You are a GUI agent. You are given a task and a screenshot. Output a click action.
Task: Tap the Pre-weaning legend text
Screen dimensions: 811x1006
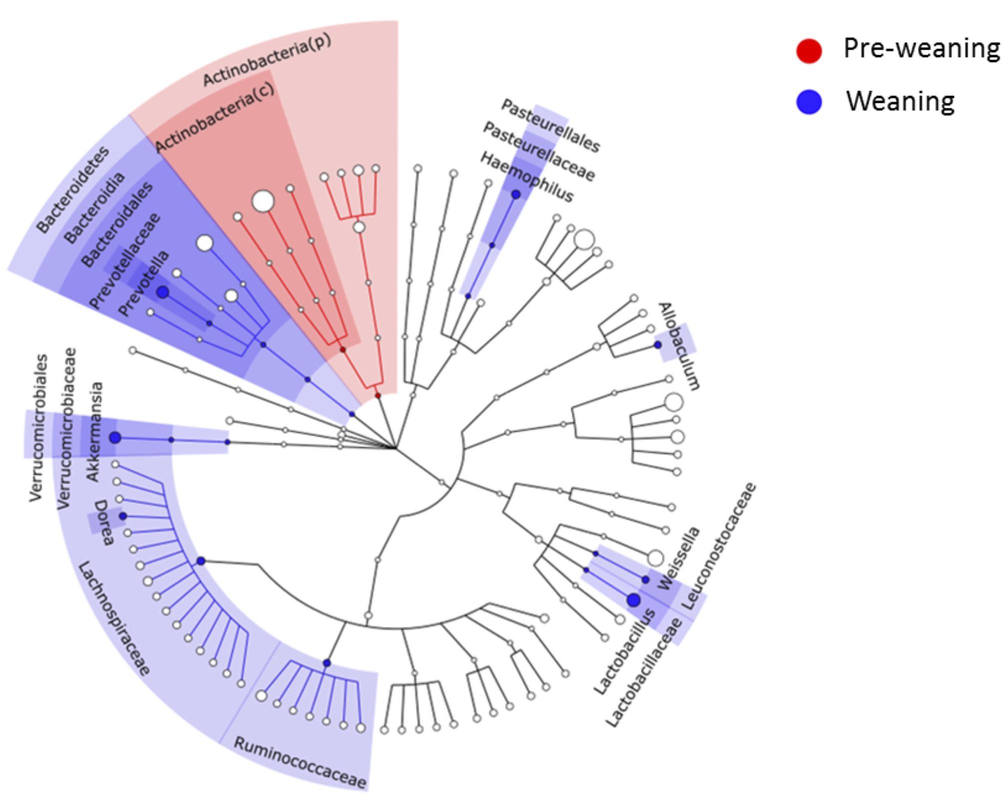(x=921, y=49)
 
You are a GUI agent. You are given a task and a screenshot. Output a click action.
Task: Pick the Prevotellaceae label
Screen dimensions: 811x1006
(x=125, y=260)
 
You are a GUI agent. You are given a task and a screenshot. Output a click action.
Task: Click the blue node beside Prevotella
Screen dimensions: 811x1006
(x=162, y=292)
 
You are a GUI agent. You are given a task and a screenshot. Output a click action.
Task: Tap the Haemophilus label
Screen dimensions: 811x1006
(x=526, y=177)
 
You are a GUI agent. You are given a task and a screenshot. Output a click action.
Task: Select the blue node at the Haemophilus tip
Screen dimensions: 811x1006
(x=516, y=194)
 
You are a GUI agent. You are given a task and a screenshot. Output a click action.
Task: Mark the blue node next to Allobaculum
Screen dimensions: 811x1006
(x=657, y=345)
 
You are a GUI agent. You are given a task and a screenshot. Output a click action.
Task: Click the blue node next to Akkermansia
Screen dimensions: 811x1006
(x=115, y=438)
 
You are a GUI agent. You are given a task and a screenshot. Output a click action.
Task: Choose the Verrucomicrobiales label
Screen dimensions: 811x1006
(x=39, y=428)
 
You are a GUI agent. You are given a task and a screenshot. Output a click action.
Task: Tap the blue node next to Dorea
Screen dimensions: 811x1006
(x=123, y=516)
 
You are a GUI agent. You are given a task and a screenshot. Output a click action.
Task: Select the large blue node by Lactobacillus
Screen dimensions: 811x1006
(x=633, y=600)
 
